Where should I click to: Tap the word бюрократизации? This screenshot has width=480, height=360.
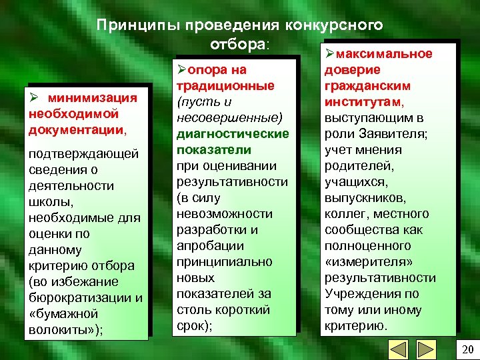click(x=79, y=297)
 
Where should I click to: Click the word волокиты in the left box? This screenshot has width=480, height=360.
click(x=63, y=329)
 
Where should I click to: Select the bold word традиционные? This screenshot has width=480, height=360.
click(x=225, y=85)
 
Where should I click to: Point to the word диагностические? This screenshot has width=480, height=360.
click(x=233, y=133)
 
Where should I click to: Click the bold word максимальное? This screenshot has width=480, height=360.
click(x=383, y=54)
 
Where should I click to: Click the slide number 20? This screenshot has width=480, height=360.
click(x=467, y=349)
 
